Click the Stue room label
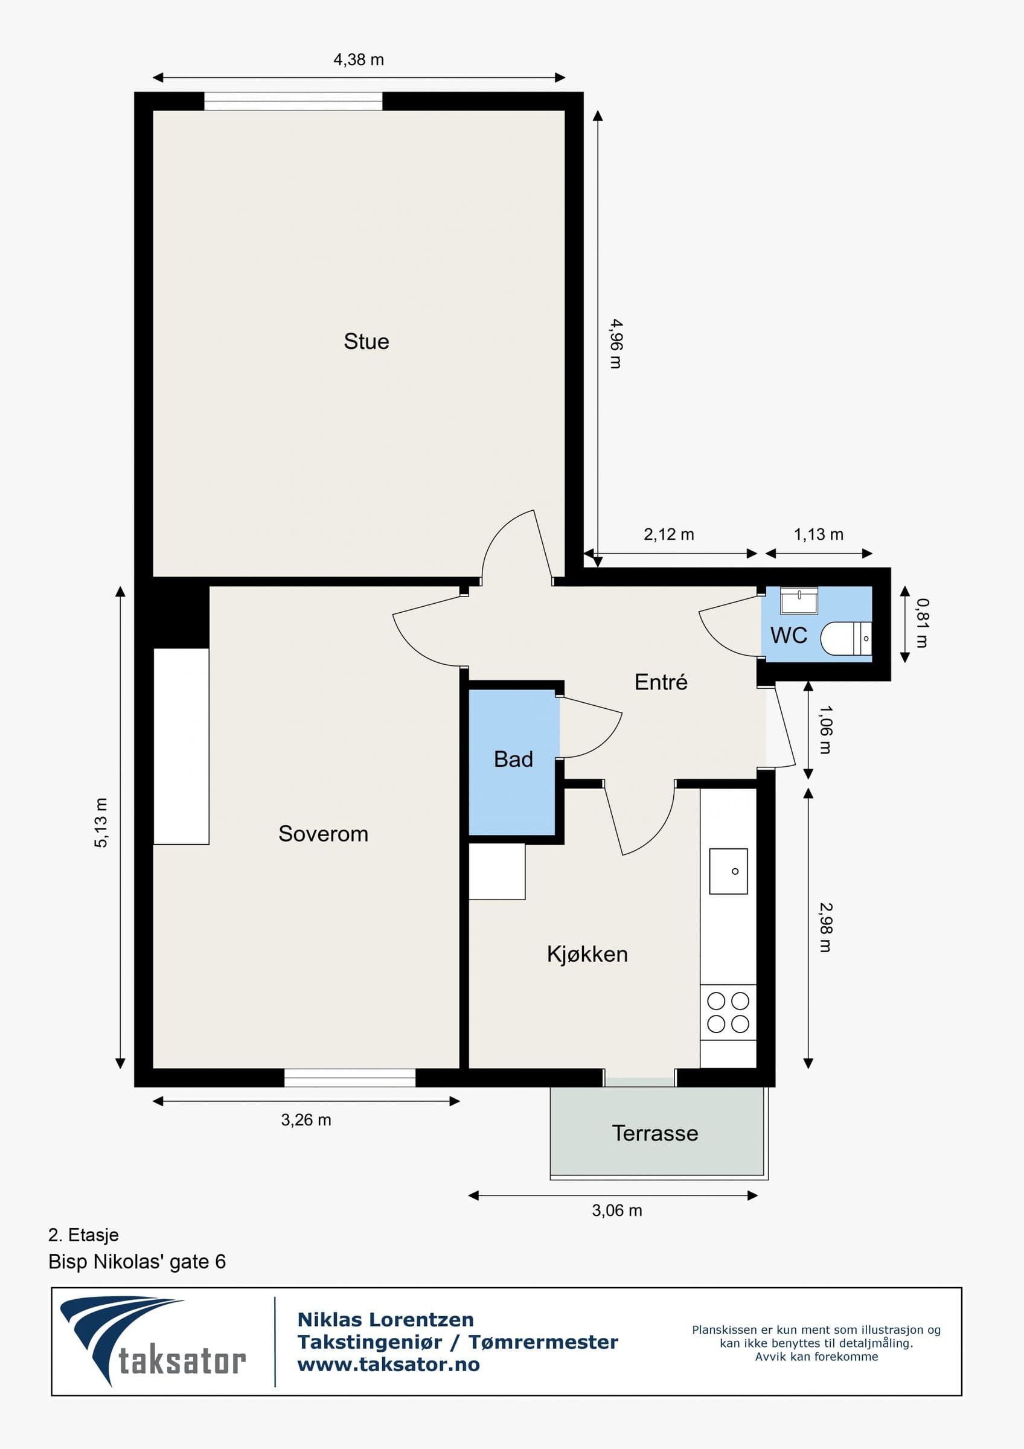[x=366, y=342]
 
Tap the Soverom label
[x=323, y=834]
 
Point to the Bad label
[x=514, y=758]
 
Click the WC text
[x=789, y=635]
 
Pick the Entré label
[x=661, y=682]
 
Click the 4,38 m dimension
[x=359, y=59]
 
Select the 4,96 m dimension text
[x=616, y=344]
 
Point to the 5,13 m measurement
[x=101, y=822]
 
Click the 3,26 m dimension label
[x=306, y=1119]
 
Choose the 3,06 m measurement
[x=617, y=1211]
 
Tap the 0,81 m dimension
[x=922, y=623]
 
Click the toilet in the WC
[x=846, y=639]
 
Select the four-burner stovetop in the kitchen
[x=728, y=1012]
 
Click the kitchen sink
[x=729, y=871]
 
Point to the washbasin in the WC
[x=799, y=600]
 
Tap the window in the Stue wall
[x=293, y=101]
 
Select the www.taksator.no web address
[x=389, y=1364]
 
